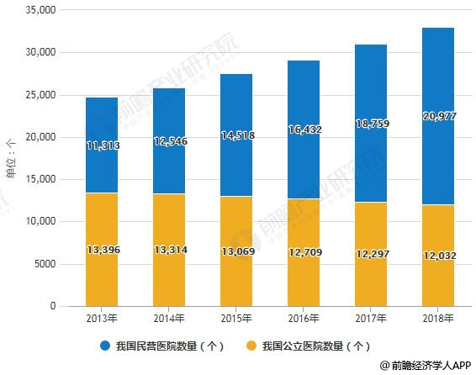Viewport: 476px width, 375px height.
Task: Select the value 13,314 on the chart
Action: click(x=168, y=250)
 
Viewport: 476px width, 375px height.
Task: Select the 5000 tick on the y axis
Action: click(x=41, y=264)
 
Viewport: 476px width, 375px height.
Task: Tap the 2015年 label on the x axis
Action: click(x=235, y=319)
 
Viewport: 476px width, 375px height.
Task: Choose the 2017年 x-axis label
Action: click(x=370, y=319)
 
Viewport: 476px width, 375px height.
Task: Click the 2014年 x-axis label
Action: click(x=168, y=319)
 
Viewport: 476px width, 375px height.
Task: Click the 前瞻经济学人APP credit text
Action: click(x=426, y=366)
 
